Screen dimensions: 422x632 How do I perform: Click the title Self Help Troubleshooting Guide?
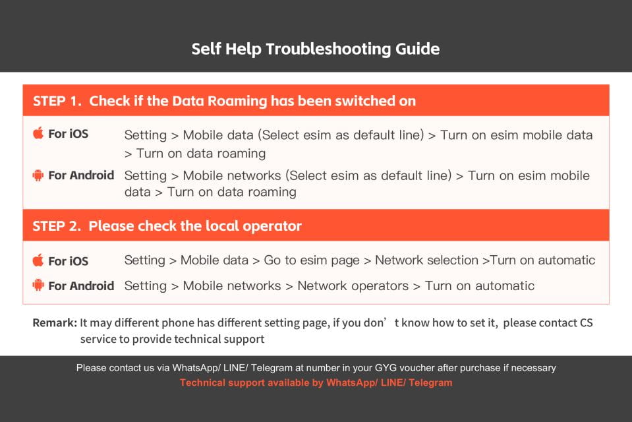pos(316,49)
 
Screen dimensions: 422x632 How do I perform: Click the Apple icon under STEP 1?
pos(38,134)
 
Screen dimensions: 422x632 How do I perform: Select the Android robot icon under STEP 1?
pos(38,175)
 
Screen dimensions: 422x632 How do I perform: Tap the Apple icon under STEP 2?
pos(38,260)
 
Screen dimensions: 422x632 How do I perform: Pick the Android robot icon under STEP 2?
pos(38,286)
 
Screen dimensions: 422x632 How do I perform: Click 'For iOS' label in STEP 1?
pos(68,134)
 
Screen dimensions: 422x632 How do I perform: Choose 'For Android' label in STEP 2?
pos(81,286)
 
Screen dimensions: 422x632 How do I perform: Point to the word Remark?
pos(54,323)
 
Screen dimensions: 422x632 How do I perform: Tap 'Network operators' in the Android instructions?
pos(353,286)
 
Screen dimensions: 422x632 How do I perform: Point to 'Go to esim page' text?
pos(312,260)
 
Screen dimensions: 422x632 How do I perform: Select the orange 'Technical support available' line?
pos(316,382)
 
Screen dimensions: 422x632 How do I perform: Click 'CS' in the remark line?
pos(586,323)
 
